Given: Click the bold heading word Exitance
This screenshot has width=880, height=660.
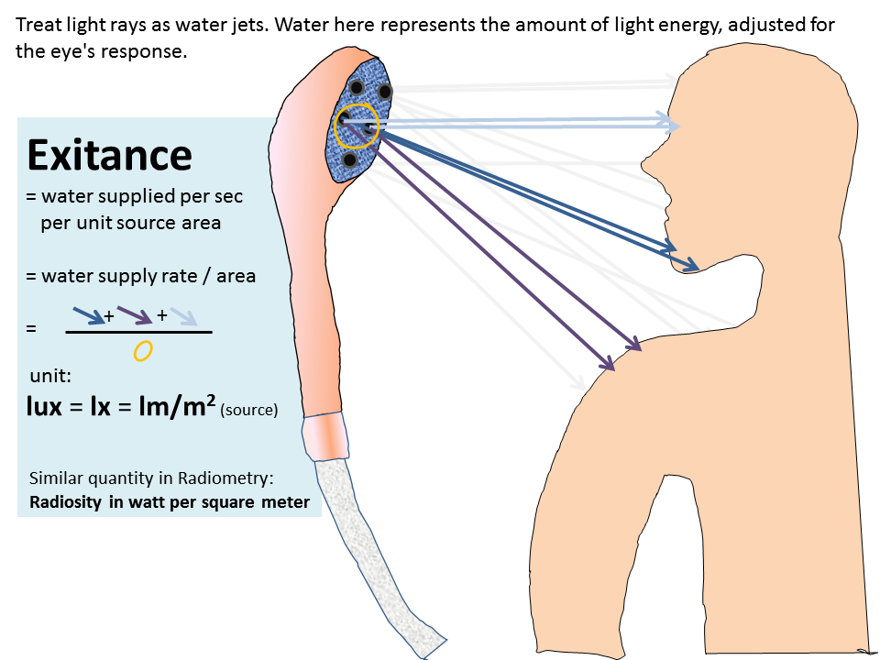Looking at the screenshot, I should (110, 156).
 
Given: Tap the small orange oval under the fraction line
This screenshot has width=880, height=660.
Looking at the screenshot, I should (141, 349).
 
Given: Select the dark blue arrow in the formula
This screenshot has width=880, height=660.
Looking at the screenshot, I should (87, 315).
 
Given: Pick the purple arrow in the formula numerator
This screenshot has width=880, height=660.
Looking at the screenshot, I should (134, 315).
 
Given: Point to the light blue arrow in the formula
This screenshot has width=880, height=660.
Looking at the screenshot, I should (183, 316).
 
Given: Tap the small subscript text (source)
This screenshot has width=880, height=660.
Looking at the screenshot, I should (248, 411).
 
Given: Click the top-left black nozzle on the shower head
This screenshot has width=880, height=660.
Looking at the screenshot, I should (357, 87).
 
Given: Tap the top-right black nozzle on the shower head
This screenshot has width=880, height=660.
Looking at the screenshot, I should (385, 92).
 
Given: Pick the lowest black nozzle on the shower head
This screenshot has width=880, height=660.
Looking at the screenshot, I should (349, 160).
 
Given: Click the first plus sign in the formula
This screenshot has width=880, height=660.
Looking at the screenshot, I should (109, 315).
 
